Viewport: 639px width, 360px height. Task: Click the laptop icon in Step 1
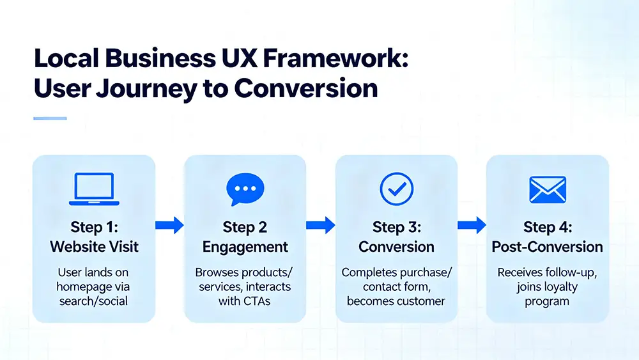[93, 189]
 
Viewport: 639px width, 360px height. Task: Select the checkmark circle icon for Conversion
[396, 189]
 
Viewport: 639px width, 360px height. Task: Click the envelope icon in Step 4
[548, 189]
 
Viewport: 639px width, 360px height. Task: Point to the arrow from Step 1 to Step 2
[169, 225]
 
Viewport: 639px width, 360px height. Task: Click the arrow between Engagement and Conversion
[321, 225]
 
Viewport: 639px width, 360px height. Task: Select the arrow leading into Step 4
[472, 225]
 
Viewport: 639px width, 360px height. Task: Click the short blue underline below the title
[50, 118]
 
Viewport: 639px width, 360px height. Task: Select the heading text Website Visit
[94, 247]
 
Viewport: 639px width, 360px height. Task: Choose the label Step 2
[245, 227]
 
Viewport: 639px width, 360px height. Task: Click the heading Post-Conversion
[547, 247]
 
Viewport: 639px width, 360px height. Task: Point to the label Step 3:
[396, 227]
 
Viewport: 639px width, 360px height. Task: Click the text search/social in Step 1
[94, 301]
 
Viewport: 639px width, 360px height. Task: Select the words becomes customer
[396, 301]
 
